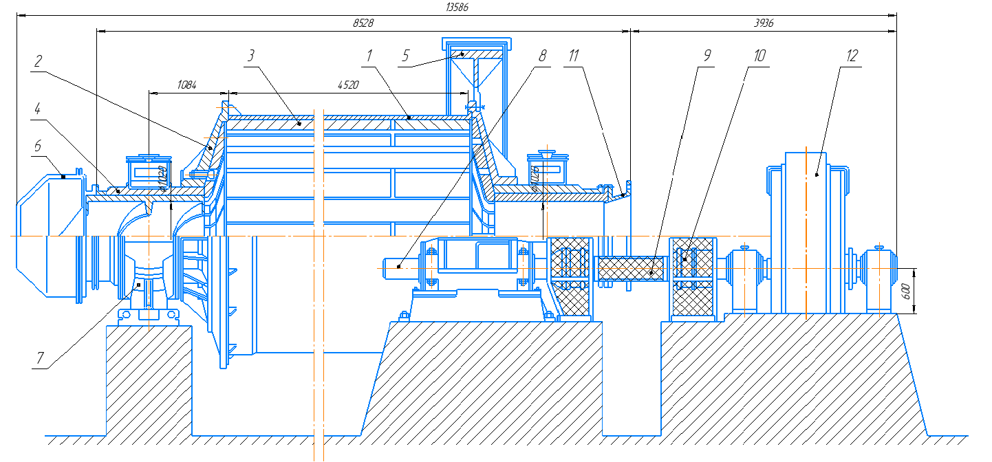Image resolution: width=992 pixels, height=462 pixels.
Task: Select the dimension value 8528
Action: [363, 23]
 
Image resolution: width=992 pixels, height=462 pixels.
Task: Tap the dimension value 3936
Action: [764, 23]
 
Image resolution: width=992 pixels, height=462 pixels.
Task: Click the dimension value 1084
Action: [186, 85]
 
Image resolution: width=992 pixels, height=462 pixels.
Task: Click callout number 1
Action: [370, 56]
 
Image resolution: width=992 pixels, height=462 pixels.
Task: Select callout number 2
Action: [39, 61]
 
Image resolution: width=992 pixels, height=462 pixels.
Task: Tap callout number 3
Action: [252, 56]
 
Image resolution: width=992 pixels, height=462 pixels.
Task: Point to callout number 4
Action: [38, 108]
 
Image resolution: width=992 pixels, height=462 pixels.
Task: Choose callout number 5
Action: [407, 56]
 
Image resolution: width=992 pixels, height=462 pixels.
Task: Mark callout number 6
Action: [38, 146]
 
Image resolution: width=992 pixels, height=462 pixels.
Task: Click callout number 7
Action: [40, 357]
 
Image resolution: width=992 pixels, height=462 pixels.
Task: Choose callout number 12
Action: [852, 56]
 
